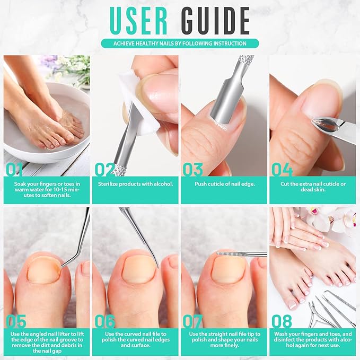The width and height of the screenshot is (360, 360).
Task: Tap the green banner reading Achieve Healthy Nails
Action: pos(180,43)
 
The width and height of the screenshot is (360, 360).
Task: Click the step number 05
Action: pos(16,321)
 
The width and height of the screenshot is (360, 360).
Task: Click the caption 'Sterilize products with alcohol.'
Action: pos(135,184)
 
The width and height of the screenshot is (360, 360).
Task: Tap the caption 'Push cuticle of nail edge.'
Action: pos(223,184)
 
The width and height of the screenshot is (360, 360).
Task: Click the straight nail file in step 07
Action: pos(241,254)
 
